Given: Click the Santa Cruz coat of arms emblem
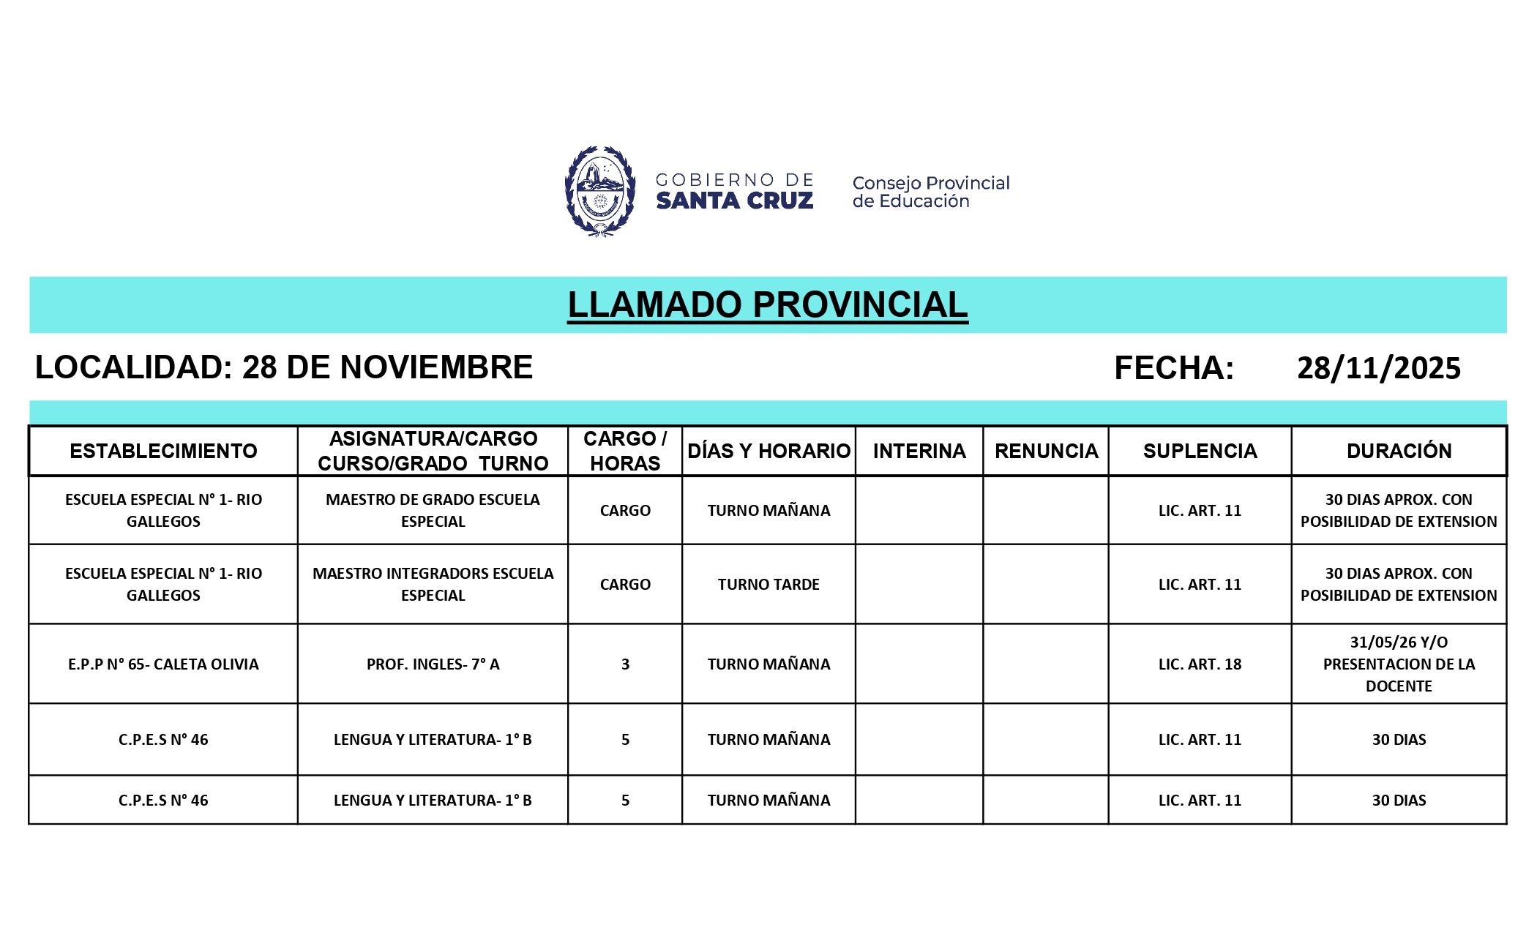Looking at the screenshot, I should [x=599, y=192].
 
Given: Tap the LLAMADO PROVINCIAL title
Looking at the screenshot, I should [x=768, y=305].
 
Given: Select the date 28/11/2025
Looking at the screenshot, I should [x=1378, y=368].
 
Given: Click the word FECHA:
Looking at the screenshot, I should [x=1174, y=368].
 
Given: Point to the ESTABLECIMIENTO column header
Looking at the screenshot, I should [x=163, y=451].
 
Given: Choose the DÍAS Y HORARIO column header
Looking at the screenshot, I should [x=768, y=451].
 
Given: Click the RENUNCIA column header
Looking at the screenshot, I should [x=1046, y=451].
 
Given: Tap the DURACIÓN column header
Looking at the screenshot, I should [x=1399, y=451].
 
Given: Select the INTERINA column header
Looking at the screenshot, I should [x=919, y=451].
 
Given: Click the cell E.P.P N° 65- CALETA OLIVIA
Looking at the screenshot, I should [x=163, y=664].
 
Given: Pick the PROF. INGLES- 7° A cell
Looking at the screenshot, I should [x=433, y=664].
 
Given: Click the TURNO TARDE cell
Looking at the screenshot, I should [x=768, y=585].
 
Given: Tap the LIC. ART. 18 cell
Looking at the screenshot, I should [x=1200, y=664].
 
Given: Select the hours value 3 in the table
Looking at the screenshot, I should [x=625, y=664].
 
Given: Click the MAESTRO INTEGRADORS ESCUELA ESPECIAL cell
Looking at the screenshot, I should [x=433, y=585].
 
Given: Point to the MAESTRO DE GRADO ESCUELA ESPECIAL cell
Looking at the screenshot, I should [x=433, y=511].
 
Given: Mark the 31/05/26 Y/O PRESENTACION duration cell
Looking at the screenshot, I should [x=1399, y=664].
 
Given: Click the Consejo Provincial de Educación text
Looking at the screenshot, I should [x=930, y=192].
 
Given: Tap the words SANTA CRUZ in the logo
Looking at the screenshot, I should [x=734, y=201].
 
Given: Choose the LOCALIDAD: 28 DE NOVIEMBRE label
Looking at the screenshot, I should [x=284, y=367].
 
